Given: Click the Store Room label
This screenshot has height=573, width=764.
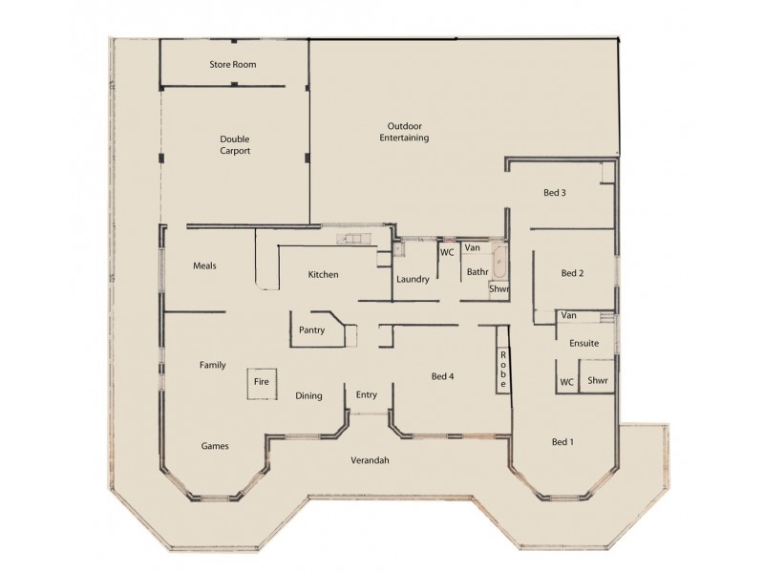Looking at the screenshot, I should pyautogui.click(x=233, y=65).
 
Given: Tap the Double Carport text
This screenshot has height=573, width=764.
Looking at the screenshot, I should pyautogui.click(x=234, y=143).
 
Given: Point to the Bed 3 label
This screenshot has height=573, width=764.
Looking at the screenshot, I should pyautogui.click(x=555, y=193).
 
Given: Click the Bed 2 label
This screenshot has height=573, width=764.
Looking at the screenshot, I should pyautogui.click(x=571, y=273).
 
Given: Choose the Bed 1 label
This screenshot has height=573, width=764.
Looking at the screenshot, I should pyautogui.click(x=563, y=442).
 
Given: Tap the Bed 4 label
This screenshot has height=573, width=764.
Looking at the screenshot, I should pyautogui.click(x=442, y=376).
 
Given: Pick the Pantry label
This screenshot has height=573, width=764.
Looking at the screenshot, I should pyautogui.click(x=311, y=330).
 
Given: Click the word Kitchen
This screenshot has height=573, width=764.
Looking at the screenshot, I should pyautogui.click(x=323, y=275).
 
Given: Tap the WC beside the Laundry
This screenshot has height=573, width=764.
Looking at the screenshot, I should pyautogui.click(x=446, y=253).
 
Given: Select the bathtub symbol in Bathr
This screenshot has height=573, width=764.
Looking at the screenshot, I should pyautogui.click(x=499, y=260).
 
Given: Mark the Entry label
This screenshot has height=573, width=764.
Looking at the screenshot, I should pyautogui.click(x=367, y=395).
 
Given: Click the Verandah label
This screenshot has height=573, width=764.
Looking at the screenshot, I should pyautogui.click(x=369, y=460).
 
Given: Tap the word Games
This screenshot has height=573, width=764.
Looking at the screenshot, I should pyautogui.click(x=214, y=446).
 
